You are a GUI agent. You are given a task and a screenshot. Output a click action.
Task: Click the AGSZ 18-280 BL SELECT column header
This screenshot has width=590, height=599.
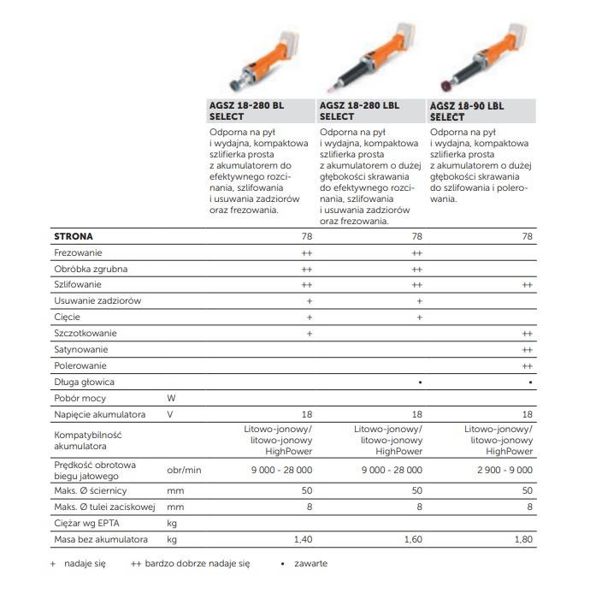[246, 110]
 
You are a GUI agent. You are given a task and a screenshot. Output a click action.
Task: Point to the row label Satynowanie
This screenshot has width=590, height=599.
[82, 349]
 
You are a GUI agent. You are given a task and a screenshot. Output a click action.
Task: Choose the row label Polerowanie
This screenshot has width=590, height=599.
[80, 365]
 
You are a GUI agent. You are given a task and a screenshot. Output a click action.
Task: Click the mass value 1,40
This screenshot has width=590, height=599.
[303, 540]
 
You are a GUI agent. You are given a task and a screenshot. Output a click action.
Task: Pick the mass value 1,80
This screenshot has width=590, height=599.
[522, 540]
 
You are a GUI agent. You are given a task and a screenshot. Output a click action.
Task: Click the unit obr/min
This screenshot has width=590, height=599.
[184, 470]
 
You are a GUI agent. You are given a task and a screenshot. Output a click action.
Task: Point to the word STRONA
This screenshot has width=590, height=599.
[74, 236]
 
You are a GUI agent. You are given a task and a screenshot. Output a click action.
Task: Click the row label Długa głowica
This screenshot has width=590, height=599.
[84, 382]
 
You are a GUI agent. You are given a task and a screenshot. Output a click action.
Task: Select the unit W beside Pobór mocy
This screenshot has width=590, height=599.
[171, 398]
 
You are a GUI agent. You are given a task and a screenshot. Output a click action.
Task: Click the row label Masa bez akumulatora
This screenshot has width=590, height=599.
[101, 540]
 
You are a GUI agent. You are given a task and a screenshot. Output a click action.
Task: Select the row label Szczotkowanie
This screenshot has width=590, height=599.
[86, 333]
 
